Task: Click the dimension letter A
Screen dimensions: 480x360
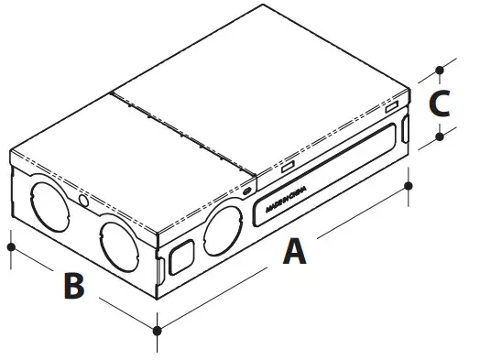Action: tap(293, 250)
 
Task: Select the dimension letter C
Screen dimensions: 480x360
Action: tap(440, 103)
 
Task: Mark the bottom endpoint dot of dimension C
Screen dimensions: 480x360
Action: tap(440, 136)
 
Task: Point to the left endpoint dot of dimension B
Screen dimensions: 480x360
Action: tap(10, 245)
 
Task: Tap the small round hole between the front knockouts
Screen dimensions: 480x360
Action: tap(84, 199)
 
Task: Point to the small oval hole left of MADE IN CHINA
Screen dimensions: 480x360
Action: tap(248, 190)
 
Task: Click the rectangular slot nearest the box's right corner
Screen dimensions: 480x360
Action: tap(391, 108)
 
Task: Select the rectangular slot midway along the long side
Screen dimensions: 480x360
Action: tap(287, 168)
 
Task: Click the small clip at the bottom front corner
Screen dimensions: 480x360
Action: tap(161, 271)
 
